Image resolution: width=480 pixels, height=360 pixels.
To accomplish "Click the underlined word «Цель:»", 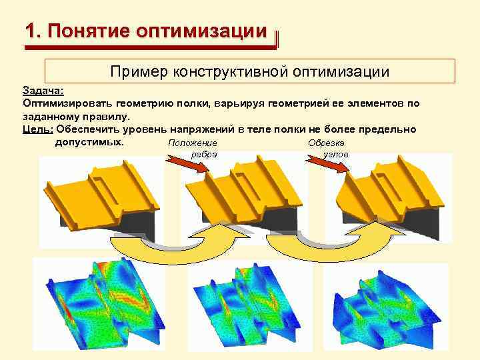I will coord(39,129).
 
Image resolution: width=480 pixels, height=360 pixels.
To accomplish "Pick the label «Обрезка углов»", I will coord(327,148).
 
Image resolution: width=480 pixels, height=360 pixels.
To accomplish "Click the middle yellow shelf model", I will coord(247,200).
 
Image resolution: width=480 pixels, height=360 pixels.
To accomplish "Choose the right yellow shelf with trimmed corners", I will coord(390,200).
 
